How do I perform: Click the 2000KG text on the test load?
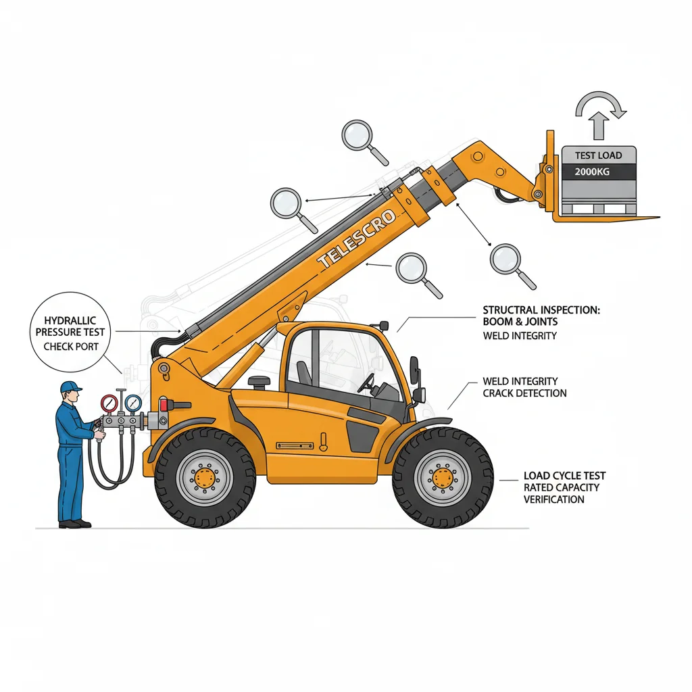point(592,172)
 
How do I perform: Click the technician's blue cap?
point(70,387)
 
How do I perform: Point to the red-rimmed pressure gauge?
point(109,403)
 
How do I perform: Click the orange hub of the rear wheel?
point(205,478)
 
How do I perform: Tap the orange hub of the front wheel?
point(443,478)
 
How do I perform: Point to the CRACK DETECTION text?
point(524,393)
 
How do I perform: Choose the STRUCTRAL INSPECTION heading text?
point(541,310)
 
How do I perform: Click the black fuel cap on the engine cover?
point(259,382)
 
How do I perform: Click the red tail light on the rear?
point(162,404)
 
